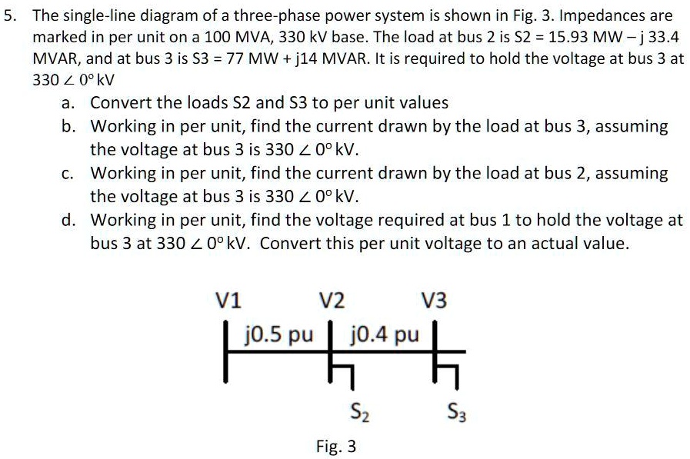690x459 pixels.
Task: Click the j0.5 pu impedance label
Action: (x=278, y=335)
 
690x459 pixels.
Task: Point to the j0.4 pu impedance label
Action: (x=385, y=335)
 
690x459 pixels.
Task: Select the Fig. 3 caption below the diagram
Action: (x=336, y=446)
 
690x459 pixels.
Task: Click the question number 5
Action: (x=9, y=15)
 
